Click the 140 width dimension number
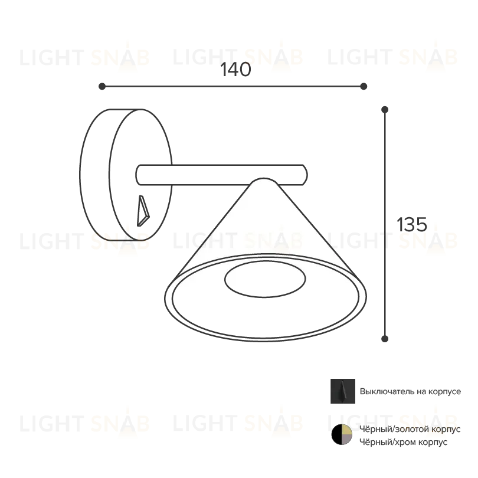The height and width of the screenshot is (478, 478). coord(235,70)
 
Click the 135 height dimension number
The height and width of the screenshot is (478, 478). coord(412,225)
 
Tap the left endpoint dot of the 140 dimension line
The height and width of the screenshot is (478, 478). coord(102,87)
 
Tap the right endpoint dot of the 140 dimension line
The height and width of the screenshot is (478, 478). coord(364,87)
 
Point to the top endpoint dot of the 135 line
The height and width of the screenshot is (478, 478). coord(385,109)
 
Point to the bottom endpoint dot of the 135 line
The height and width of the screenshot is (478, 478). coord(385,339)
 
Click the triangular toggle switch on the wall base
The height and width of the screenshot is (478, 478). coord(143,211)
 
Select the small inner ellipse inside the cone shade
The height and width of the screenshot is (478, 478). coord(265,279)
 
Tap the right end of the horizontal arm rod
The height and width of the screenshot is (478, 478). coord(306,175)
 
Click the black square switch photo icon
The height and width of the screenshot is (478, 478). coord(343,391)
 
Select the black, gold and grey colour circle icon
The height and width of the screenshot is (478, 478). coord(342,434)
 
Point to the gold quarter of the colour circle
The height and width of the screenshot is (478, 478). coord(347,430)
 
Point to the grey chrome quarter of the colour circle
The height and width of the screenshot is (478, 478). coord(347,439)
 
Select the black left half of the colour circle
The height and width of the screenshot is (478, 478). coord(336,434)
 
